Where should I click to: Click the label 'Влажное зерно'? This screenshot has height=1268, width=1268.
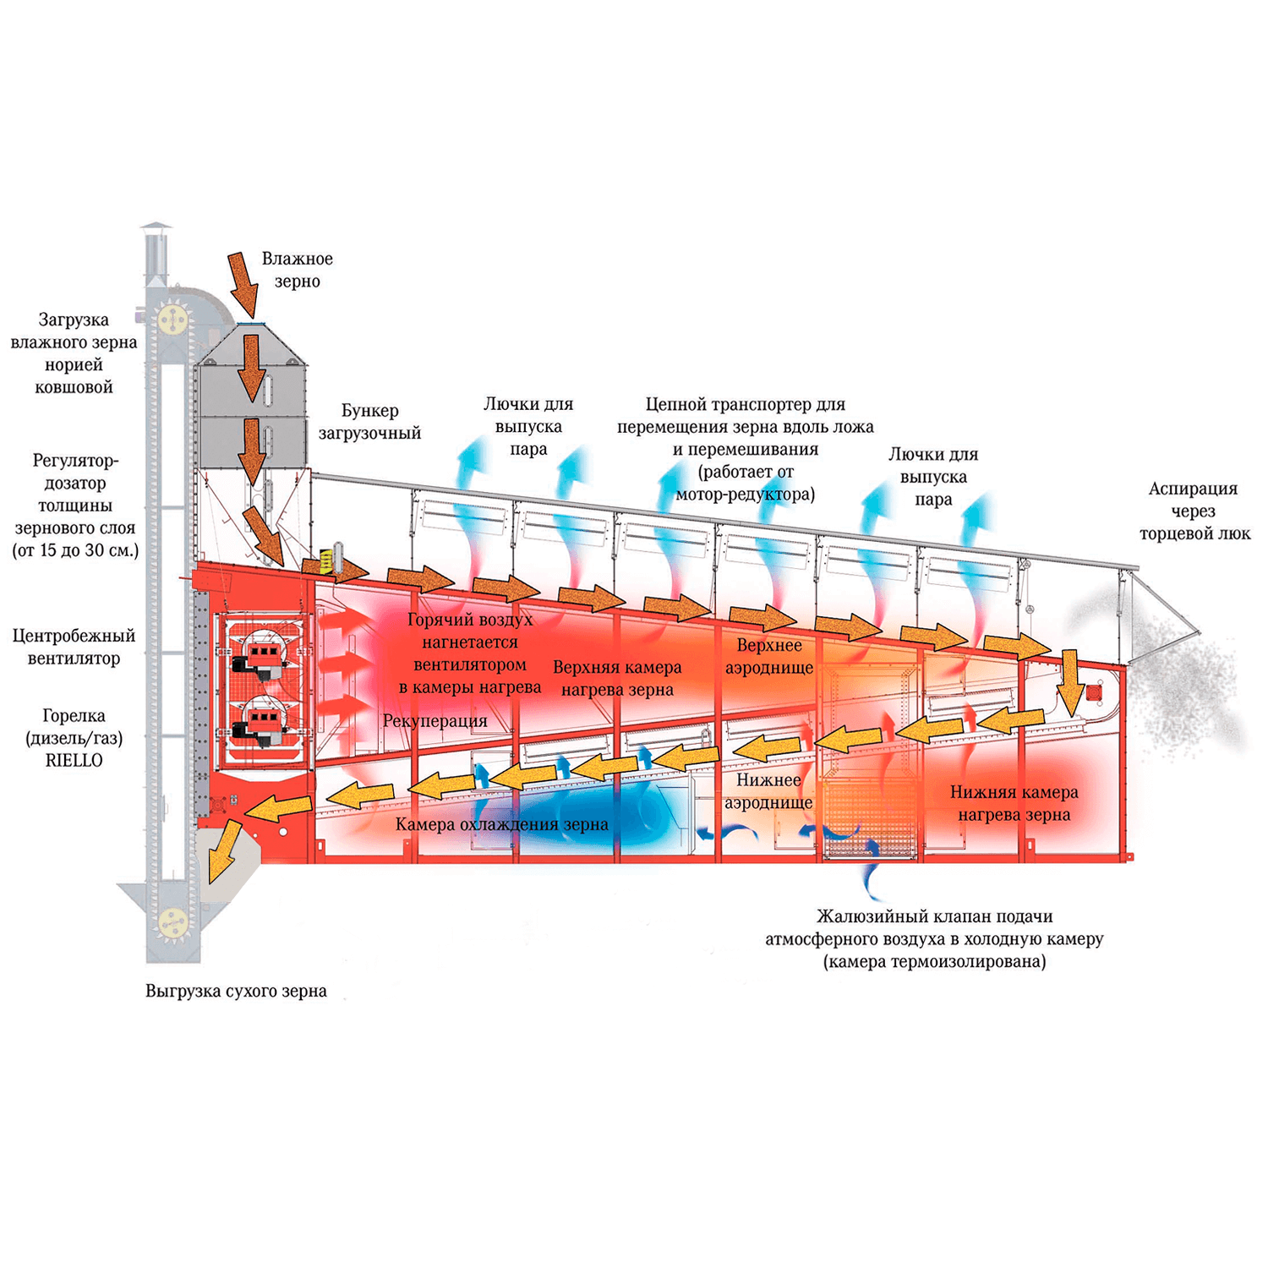[x=297, y=270]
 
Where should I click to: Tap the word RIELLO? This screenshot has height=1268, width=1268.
[x=74, y=760]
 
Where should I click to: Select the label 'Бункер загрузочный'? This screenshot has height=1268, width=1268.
[x=369, y=422]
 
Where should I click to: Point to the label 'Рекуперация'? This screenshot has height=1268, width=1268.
[x=435, y=721]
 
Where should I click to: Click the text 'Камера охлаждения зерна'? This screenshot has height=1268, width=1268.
[x=501, y=824]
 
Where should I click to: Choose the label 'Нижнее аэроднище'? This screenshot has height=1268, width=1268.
[x=768, y=791]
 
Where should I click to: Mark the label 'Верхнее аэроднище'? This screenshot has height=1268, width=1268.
[x=768, y=656]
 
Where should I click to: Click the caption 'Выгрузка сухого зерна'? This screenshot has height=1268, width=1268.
[x=236, y=991]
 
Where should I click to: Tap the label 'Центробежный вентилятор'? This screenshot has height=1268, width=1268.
[x=74, y=647]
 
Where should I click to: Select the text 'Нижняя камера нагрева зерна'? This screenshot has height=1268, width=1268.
[x=1014, y=803]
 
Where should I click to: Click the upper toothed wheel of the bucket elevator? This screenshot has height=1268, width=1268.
[x=172, y=319]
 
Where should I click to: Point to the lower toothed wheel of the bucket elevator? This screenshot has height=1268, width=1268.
[x=172, y=921]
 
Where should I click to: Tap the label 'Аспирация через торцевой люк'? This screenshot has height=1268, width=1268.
[x=1194, y=511]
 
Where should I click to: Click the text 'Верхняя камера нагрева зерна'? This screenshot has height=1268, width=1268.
[x=617, y=678]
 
